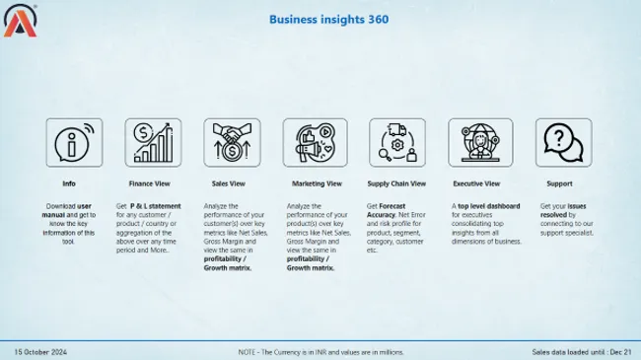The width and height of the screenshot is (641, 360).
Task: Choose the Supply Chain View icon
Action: click(395, 143)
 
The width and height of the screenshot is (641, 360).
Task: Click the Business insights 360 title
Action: click(320, 19)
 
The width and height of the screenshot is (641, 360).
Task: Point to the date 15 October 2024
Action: click(40, 352)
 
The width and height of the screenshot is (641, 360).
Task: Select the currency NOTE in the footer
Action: click(320, 352)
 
